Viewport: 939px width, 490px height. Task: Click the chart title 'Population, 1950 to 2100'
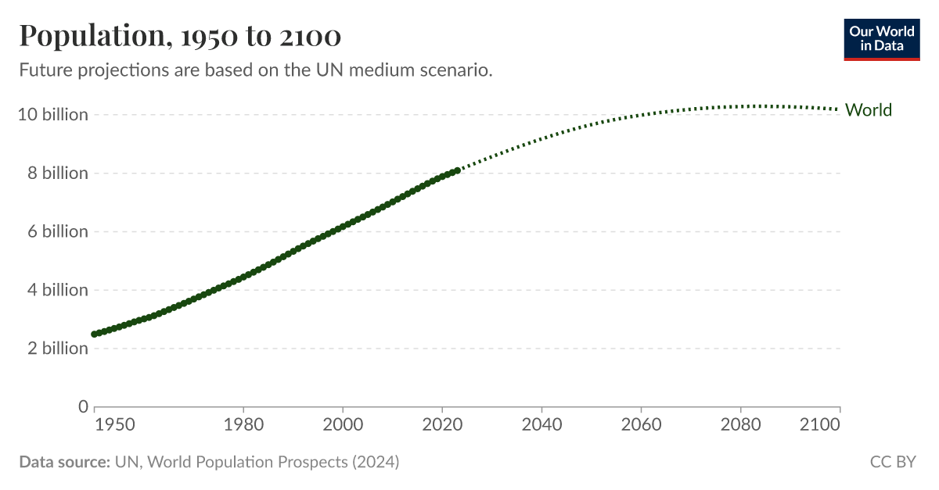tap(180, 36)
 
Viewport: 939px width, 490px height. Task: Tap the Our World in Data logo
tap(882, 38)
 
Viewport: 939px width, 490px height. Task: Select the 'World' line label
tap(869, 110)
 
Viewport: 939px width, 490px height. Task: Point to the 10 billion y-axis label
tap(53, 115)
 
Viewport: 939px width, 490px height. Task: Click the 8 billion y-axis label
tap(58, 173)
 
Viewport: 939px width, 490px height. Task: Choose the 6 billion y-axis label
tap(58, 231)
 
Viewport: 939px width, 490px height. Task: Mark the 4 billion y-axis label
tap(58, 290)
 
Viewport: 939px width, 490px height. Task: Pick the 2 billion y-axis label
tap(58, 348)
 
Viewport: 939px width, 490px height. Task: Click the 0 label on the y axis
tap(82, 406)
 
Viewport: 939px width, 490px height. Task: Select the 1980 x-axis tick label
tap(243, 424)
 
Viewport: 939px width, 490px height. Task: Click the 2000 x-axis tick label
tap(343, 424)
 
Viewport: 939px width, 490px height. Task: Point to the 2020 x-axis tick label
tap(442, 424)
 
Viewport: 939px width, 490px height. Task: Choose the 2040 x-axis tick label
tap(541, 424)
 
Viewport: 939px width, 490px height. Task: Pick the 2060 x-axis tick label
tap(641, 424)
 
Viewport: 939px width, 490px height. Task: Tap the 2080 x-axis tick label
tap(740, 424)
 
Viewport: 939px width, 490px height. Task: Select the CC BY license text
tap(893, 462)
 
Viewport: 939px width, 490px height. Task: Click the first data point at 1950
tap(95, 334)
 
